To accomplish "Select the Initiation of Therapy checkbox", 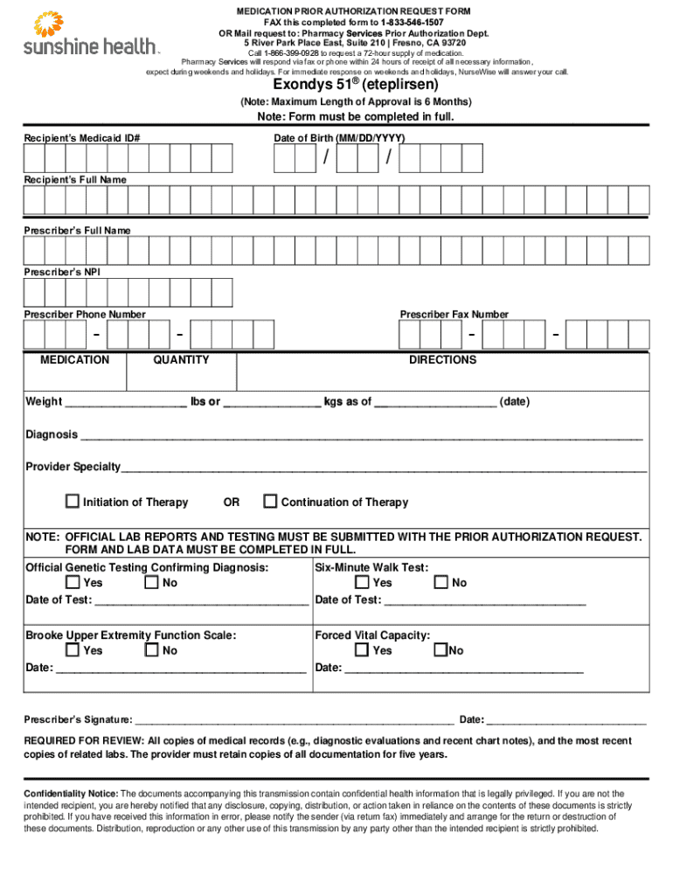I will pyautogui.click(x=73, y=502).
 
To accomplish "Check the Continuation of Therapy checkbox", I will pyautogui.click(x=271, y=502).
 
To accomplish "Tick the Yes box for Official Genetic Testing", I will pyautogui.click(x=73, y=583).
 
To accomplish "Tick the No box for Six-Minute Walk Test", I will pyautogui.click(x=441, y=583).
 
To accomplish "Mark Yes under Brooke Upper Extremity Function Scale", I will pyautogui.click(x=73, y=650).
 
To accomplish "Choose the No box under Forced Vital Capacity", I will pyautogui.click(x=441, y=650).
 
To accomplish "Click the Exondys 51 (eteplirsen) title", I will pyautogui.click(x=356, y=85).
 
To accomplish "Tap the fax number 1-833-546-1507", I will pyautogui.click(x=413, y=22).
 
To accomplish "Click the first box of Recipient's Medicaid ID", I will pyautogui.click(x=34, y=158).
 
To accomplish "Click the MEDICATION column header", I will pyautogui.click(x=75, y=360).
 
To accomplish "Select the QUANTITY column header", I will pyautogui.click(x=181, y=360).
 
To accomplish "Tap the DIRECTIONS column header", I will pyautogui.click(x=442, y=360).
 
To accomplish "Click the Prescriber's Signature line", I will pyautogui.click(x=294, y=720).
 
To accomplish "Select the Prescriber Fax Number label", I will pyautogui.click(x=454, y=315).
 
